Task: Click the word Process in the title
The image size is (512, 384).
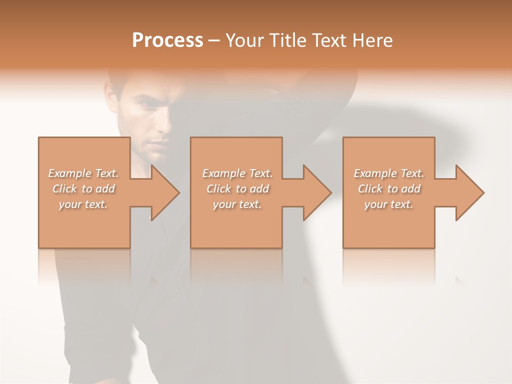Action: pyautogui.click(x=167, y=41)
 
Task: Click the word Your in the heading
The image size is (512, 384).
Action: pyautogui.click(x=246, y=41)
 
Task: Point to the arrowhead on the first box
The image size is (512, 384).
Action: pyautogui.click(x=163, y=193)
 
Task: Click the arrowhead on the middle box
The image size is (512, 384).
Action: pyautogui.click(x=315, y=193)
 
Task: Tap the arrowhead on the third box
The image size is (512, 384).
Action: pyautogui.click(x=468, y=193)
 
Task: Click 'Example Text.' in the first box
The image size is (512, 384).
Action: pyautogui.click(x=84, y=173)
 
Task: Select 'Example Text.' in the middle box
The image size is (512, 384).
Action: pyautogui.click(x=237, y=173)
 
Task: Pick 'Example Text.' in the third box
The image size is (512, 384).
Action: pyautogui.click(x=389, y=173)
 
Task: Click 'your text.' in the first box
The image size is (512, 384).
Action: pyautogui.click(x=83, y=204)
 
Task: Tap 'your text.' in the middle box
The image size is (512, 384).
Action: pyautogui.click(x=237, y=204)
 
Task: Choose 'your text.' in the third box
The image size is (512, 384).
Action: pyautogui.click(x=389, y=204)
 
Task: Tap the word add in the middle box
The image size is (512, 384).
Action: pyautogui.click(x=259, y=189)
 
